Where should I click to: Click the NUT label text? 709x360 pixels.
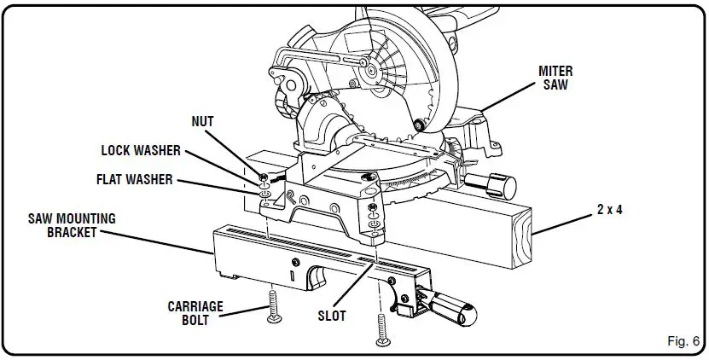coord(203,122)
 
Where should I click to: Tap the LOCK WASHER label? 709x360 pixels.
coord(141,151)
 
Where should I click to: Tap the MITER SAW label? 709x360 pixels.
coord(555,77)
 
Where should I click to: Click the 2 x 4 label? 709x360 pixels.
coord(609,208)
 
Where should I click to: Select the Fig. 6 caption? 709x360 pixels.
coord(682,340)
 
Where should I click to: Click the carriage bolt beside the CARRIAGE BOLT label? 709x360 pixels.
coord(273,305)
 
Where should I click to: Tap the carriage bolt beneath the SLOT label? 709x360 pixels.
coord(381,329)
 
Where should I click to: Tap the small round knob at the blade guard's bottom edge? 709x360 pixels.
coord(418,126)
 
